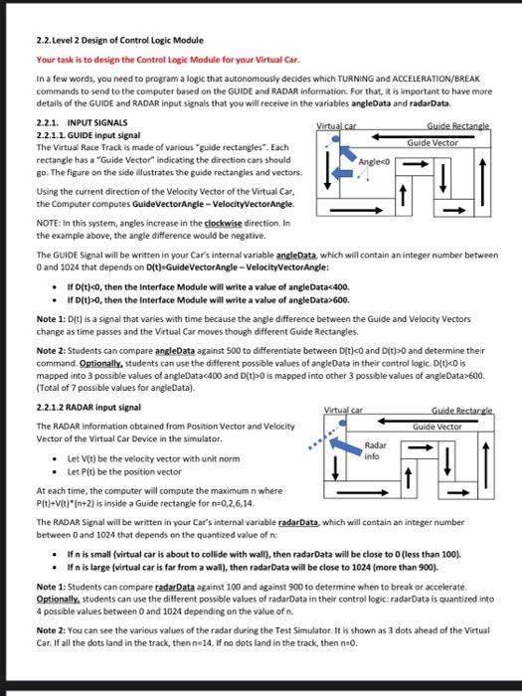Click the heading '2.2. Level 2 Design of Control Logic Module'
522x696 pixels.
coord(120,41)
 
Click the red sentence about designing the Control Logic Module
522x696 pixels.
coord(168,60)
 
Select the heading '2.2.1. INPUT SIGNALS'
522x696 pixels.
coord(82,123)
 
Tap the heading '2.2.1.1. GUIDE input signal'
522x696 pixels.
coord(88,135)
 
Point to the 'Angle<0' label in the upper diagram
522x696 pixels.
coord(374,162)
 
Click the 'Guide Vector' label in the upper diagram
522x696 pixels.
coord(433,143)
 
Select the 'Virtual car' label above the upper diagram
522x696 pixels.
coord(336,126)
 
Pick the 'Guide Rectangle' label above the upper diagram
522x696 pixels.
coord(458,126)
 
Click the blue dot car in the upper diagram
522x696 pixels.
coord(336,139)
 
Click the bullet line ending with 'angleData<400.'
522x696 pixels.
coord(208,287)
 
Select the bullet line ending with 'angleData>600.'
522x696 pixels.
coord(208,300)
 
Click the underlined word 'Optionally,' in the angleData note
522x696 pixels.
coord(100,364)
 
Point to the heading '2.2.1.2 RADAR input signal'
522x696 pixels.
coord(88,408)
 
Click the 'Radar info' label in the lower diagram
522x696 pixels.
coord(375,450)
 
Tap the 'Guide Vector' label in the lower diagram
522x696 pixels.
coord(437,427)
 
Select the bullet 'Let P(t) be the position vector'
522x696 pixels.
coord(124,472)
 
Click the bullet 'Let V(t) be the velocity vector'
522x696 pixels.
coord(153,459)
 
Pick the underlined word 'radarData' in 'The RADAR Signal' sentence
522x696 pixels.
coord(298,522)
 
